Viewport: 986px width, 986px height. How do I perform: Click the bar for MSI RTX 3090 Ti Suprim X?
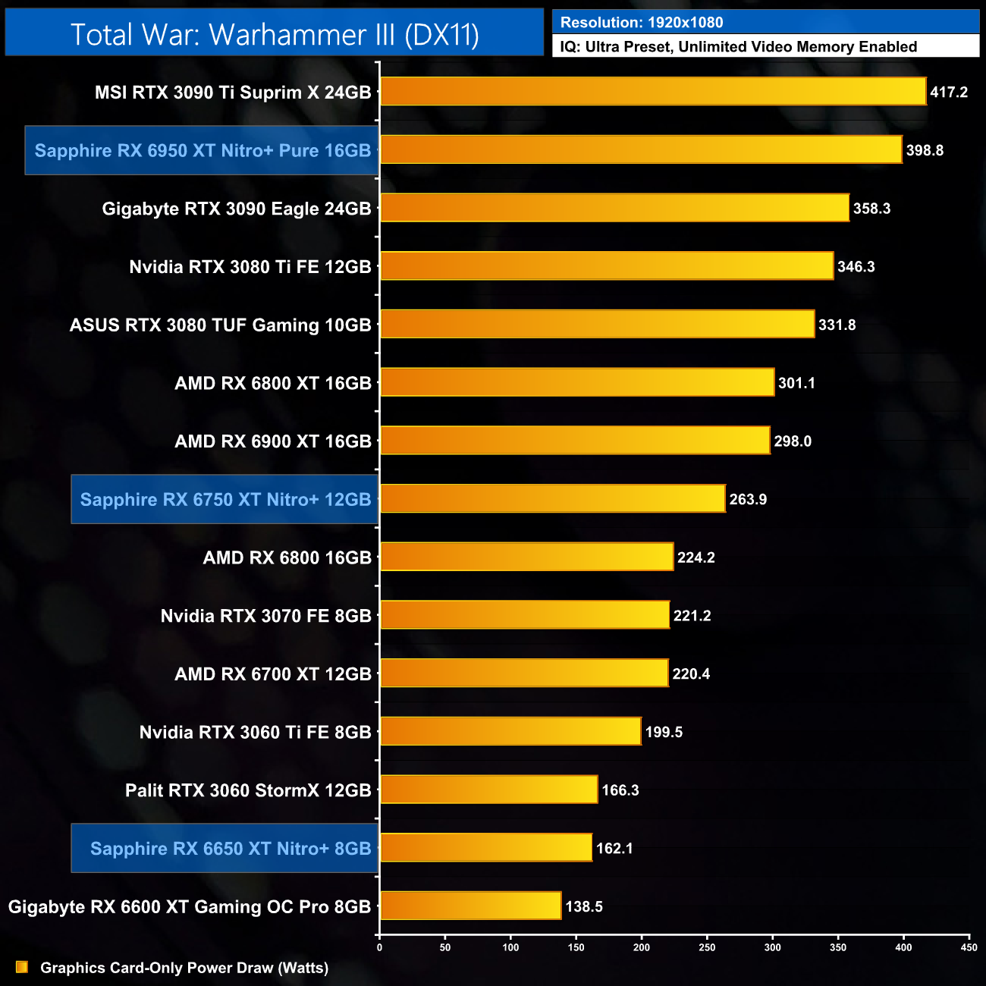pyautogui.click(x=652, y=92)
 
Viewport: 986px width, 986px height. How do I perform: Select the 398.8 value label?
pyautogui.click(x=925, y=150)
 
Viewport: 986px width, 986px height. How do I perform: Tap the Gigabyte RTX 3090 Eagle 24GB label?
pyautogui.click(x=237, y=209)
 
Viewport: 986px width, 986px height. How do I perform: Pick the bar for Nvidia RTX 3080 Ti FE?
pyautogui.click(x=606, y=266)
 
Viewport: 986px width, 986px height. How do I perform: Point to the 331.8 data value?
pyautogui.click(x=837, y=325)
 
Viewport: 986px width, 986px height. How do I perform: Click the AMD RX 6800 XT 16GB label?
pyautogui.click(x=273, y=383)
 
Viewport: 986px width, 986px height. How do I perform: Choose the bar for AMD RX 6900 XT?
pyautogui.click(x=574, y=441)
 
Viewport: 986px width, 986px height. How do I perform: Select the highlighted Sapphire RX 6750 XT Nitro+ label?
pyautogui.click(x=225, y=499)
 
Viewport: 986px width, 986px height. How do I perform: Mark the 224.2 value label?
pyautogui.click(x=696, y=557)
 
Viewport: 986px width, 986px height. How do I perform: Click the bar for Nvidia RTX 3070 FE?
pyautogui.click(x=524, y=615)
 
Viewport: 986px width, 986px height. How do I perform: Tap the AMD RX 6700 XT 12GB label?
pyautogui.click(x=273, y=674)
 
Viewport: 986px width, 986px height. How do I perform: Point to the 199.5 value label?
pyautogui.click(x=664, y=732)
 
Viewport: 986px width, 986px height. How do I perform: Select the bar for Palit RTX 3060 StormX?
pyautogui.click(x=488, y=790)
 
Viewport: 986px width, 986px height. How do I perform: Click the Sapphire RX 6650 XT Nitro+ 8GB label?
pyautogui.click(x=231, y=848)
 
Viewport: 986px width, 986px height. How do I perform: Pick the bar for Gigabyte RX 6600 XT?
pyautogui.click(x=470, y=906)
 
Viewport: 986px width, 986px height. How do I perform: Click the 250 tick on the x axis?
pyautogui.click(x=707, y=947)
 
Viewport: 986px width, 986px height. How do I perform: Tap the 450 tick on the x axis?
pyautogui.click(x=969, y=947)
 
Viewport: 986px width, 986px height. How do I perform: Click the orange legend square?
pyautogui.click(x=22, y=967)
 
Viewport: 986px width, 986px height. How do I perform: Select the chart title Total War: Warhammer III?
pyautogui.click(x=275, y=35)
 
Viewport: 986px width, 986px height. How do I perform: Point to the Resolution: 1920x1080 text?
pyautogui.click(x=642, y=23)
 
